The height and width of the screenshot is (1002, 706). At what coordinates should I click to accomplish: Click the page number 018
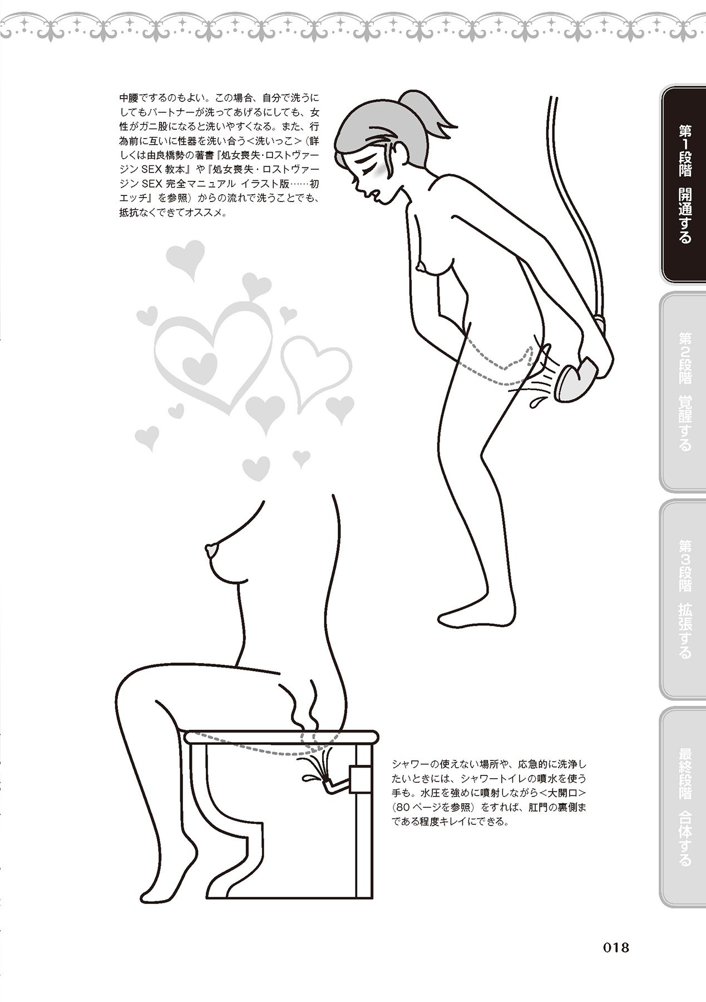[x=610, y=946]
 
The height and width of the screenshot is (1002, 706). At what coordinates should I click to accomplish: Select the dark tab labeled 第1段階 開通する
[x=684, y=185]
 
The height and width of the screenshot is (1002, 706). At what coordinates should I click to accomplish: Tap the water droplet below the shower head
[x=537, y=401]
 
